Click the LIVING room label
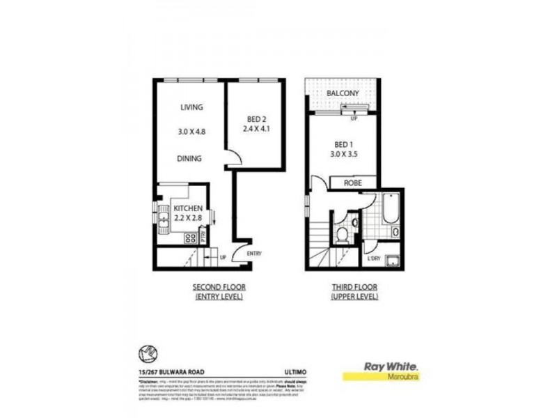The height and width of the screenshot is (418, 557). (191, 107)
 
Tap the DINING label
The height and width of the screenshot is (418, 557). (189, 159)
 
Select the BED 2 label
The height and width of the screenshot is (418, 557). (256, 119)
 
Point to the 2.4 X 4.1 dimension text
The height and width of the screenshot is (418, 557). (256, 129)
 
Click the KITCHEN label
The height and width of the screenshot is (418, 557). (187, 209)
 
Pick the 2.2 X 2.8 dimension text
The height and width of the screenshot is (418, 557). (187, 218)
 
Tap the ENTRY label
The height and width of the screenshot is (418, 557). (253, 254)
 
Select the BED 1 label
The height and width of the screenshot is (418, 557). (342, 146)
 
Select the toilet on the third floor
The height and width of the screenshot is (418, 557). (341, 235)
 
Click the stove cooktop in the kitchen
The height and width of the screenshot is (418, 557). (189, 238)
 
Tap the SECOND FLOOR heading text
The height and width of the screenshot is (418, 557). (219, 287)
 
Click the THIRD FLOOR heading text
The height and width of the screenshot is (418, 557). (355, 287)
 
